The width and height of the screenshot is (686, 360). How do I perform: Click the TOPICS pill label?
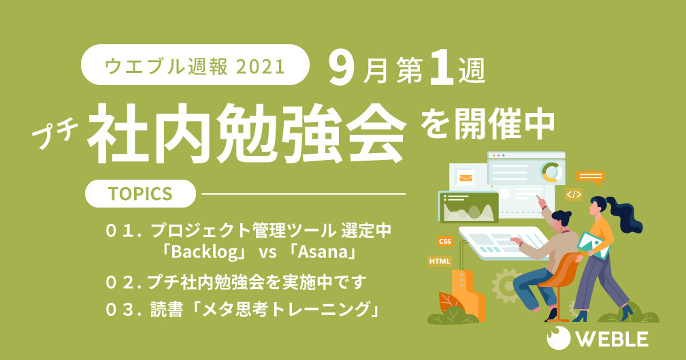pyautogui.click(x=140, y=193)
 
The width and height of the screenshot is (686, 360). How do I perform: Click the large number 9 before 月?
pyautogui.click(x=341, y=69)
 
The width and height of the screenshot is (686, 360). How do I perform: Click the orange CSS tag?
pyautogui.click(x=444, y=241)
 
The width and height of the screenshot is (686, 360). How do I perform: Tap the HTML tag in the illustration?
pyautogui.click(x=440, y=261)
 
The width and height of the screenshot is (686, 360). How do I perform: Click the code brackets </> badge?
pyautogui.click(x=574, y=194)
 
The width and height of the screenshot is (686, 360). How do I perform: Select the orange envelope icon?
pyautogui.click(x=465, y=178)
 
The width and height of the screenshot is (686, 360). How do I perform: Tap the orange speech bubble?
pyautogui.click(x=590, y=177)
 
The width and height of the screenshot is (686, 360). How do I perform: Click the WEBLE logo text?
pyautogui.click(x=611, y=340)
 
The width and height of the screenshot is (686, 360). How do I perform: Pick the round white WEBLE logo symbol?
pyautogui.click(x=558, y=338)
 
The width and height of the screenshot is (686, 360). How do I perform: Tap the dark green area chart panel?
pyautogui.click(x=468, y=208)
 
